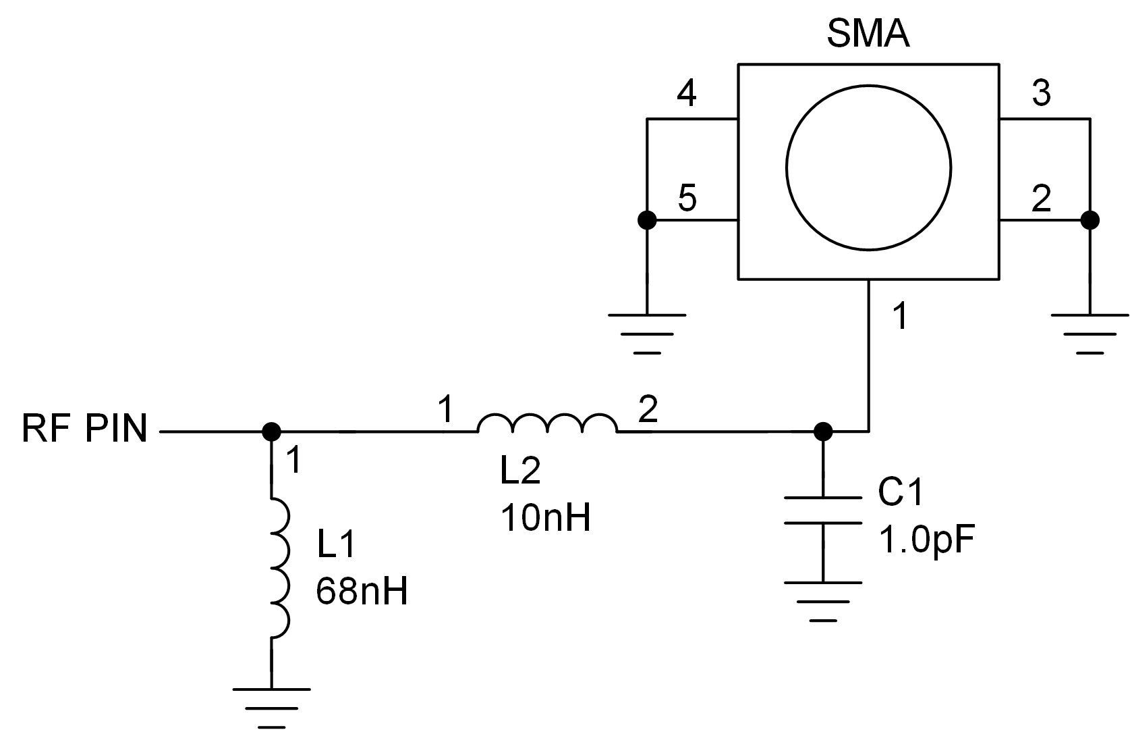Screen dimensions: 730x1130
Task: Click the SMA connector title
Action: point(868,34)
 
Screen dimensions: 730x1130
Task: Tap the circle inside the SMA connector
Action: point(868,167)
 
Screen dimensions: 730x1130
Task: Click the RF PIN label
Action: point(85,429)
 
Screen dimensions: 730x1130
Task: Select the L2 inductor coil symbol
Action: point(546,423)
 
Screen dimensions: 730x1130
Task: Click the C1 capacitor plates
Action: point(822,511)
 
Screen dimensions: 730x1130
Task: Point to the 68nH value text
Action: point(362,592)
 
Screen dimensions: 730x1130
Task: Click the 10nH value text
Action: point(545,518)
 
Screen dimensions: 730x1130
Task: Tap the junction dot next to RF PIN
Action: point(271,431)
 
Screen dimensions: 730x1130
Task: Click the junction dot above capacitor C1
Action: point(822,431)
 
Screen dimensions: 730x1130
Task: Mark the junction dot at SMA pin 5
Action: point(647,219)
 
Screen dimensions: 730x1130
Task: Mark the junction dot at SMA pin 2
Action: point(1090,219)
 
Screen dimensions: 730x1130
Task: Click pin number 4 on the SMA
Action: point(687,93)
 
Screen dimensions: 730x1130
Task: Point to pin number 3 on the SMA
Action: point(1041,93)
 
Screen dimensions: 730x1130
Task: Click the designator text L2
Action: point(520,471)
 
